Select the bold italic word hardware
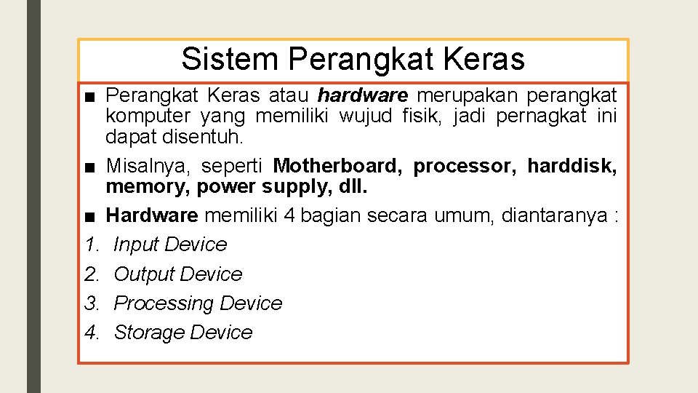pyautogui.click(x=363, y=95)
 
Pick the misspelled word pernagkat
pyautogui.click(x=540, y=116)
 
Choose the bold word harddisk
pyautogui.click(x=571, y=166)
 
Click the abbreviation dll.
pyautogui.click(x=351, y=187)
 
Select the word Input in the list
pyautogui.click(x=137, y=245)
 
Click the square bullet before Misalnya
pyautogui.click(x=89, y=167)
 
